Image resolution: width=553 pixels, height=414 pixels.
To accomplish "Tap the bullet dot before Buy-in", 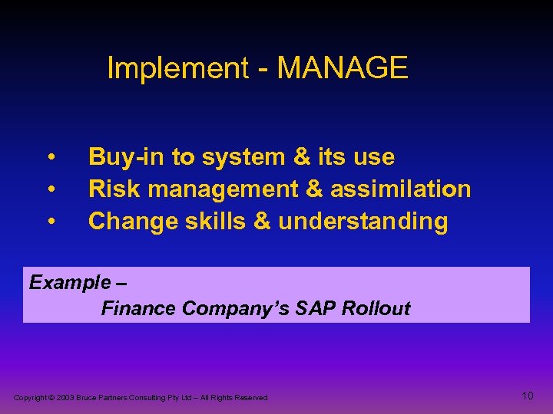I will click(50, 158).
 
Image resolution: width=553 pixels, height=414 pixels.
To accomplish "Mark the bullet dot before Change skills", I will click(50, 222).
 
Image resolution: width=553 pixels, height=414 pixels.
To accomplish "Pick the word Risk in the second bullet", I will click(110, 189).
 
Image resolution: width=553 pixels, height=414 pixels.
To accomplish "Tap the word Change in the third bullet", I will click(131, 222).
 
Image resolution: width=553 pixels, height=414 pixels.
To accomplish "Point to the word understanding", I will click(363, 222).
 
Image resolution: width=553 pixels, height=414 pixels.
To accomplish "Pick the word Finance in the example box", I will click(139, 308).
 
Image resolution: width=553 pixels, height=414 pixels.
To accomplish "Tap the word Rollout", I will click(376, 308).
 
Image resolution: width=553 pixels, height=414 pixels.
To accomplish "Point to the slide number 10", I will click(527, 396).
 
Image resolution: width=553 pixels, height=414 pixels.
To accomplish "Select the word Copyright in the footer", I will click(30, 398).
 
